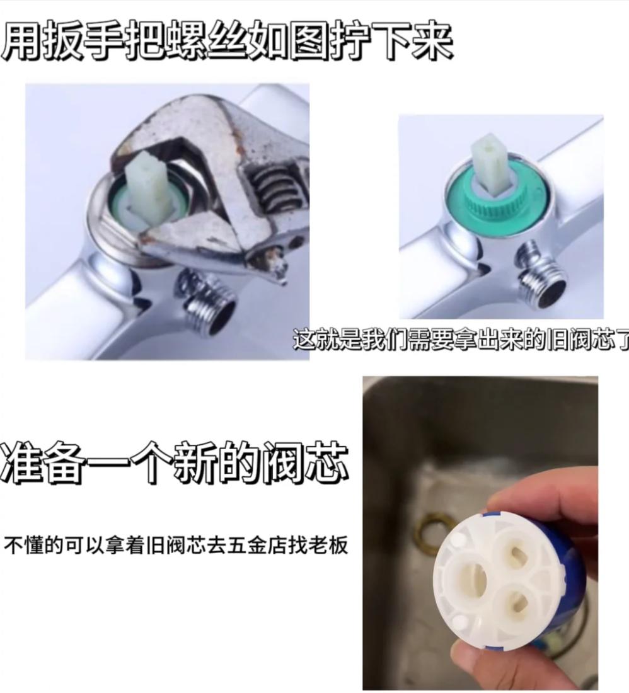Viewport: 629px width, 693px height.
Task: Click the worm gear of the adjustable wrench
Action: (x=275, y=188)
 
